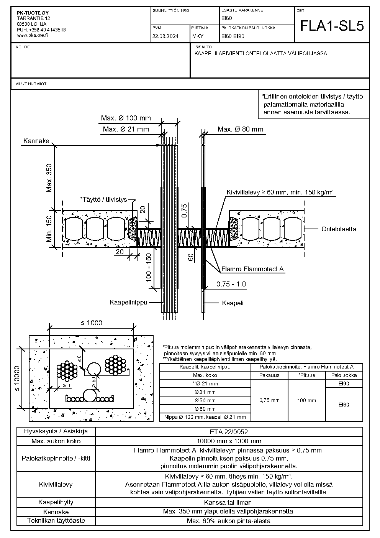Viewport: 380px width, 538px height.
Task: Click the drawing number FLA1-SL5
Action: click(x=332, y=26)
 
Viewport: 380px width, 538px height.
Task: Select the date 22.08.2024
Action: click(x=165, y=36)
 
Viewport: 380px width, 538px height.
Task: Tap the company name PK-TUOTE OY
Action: click(x=33, y=13)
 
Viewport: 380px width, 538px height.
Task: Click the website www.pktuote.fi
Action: click(x=32, y=35)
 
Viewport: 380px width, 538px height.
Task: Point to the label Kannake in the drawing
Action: click(x=36, y=141)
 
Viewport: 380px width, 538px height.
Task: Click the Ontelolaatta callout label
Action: click(x=339, y=229)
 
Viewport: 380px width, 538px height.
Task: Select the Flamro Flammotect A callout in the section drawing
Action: click(x=252, y=269)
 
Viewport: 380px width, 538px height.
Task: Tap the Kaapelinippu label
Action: click(x=128, y=302)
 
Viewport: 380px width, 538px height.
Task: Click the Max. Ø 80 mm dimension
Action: click(x=241, y=129)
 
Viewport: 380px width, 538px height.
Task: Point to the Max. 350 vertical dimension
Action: click(x=49, y=178)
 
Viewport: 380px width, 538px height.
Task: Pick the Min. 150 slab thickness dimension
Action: click(x=49, y=229)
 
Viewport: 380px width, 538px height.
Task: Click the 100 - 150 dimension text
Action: click(x=149, y=267)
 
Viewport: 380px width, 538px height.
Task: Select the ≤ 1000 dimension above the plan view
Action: click(x=92, y=322)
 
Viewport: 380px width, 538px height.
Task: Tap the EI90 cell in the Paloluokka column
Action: click(x=344, y=383)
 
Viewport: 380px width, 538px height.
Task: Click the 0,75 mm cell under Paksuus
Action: click(x=269, y=400)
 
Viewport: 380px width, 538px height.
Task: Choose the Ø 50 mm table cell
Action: click(x=205, y=400)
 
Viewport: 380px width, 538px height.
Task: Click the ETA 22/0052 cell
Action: click(x=229, y=432)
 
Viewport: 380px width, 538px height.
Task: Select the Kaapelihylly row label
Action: click(x=56, y=502)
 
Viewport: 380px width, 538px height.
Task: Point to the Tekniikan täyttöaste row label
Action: click(x=56, y=520)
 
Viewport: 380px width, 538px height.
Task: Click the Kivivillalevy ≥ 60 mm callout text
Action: click(x=280, y=192)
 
